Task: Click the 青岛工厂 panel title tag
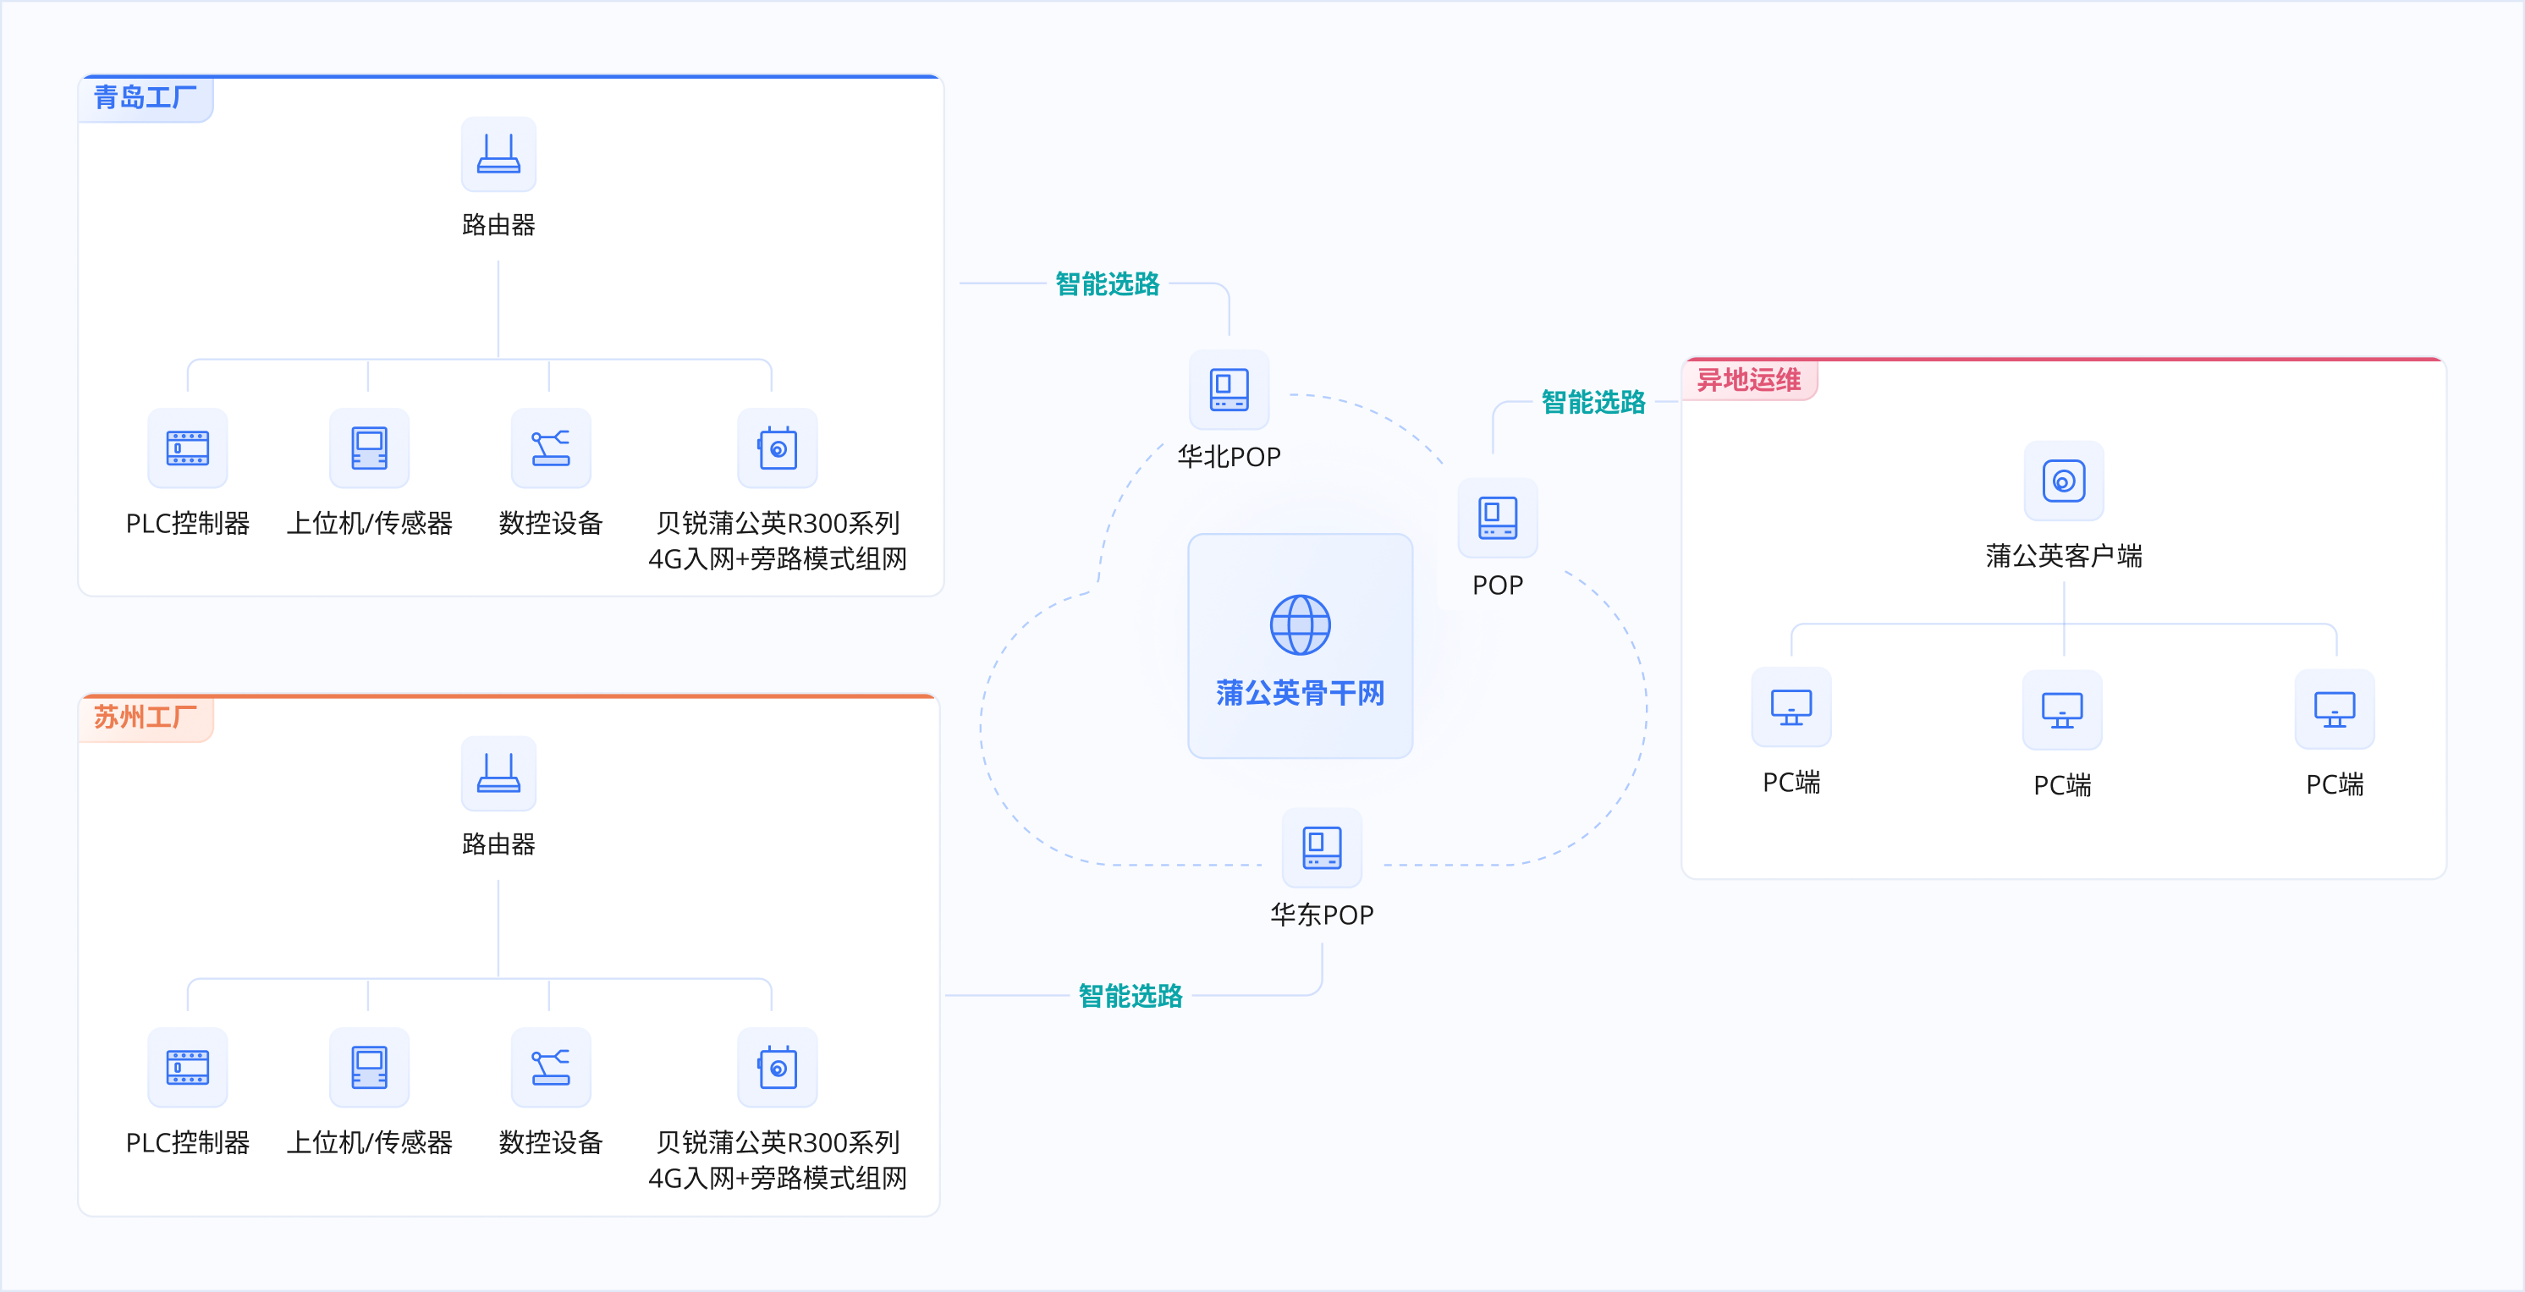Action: [145, 98]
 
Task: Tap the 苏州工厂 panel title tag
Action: [145, 717]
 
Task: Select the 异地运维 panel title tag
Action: [1749, 381]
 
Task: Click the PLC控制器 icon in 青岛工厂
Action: [187, 448]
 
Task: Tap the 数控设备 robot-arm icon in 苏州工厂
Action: [550, 1068]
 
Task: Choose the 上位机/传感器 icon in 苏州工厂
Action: [369, 1068]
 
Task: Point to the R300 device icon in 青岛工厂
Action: [778, 448]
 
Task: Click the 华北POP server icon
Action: [1228, 390]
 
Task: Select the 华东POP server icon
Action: [1322, 848]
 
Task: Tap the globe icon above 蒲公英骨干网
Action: [1300, 624]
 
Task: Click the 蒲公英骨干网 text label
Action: [1300, 693]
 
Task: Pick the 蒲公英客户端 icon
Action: [2063, 481]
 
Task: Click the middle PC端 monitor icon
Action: [2062, 710]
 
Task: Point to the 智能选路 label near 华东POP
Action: [1130, 996]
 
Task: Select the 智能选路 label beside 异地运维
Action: [1593, 402]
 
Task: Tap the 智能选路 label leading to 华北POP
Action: [1107, 283]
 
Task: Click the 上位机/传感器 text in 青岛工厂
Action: [369, 524]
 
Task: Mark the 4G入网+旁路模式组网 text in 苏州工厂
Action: [778, 1179]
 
